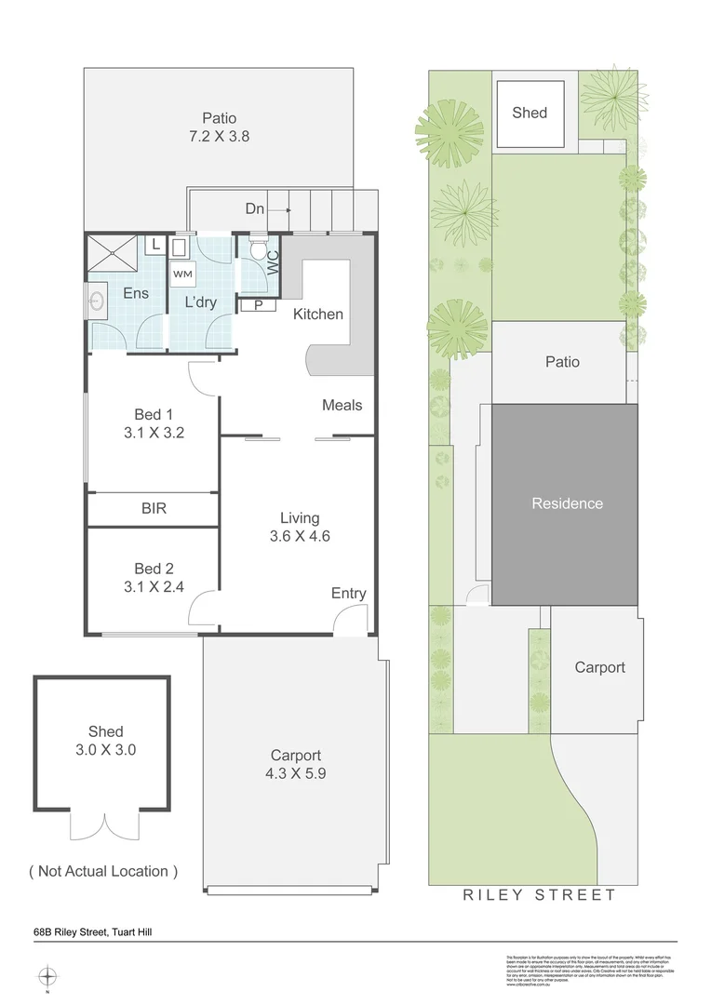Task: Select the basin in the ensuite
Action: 98,301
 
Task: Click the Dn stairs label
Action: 255,209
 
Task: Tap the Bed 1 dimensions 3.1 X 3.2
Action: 154,432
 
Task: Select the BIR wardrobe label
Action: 154,508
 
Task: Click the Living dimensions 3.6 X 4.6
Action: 300,536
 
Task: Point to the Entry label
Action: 348,594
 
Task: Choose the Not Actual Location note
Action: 102,871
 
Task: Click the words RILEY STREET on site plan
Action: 540,895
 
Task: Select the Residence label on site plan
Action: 567,503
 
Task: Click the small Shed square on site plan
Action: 530,114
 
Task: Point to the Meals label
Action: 342,405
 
